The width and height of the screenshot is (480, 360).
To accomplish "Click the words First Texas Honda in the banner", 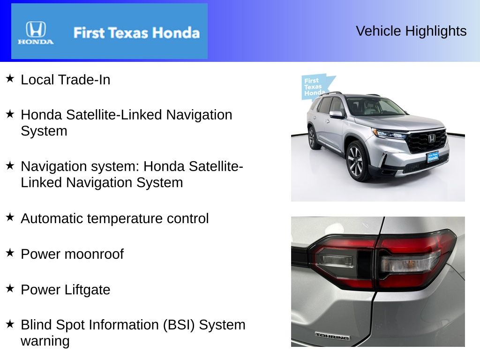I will pyautogui.click(x=136, y=33).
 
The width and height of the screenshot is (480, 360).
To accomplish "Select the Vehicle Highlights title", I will pyautogui.click(x=411, y=31).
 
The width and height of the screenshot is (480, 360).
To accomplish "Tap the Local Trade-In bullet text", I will pyautogui.click(x=66, y=80).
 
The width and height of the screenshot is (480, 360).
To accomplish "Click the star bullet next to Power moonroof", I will pyautogui.click(x=10, y=253).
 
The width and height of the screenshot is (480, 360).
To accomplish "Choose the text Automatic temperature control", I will pyautogui.click(x=115, y=218).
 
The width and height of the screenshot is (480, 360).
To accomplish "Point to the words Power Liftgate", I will pyautogui.click(x=66, y=290).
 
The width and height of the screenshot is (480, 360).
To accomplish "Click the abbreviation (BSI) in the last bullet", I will pyautogui.click(x=179, y=325).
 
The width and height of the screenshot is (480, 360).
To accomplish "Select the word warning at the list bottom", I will pyautogui.click(x=45, y=341).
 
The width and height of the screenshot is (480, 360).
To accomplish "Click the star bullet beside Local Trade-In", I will pyautogui.click(x=10, y=79).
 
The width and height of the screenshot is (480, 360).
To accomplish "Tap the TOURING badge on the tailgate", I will pyautogui.click(x=332, y=336).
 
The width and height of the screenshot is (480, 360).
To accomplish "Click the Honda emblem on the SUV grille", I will pyautogui.click(x=431, y=138).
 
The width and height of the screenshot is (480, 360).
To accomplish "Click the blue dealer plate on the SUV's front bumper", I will pyautogui.click(x=433, y=157).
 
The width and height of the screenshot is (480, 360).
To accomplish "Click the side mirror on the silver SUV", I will pyautogui.click(x=336, y=114).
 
